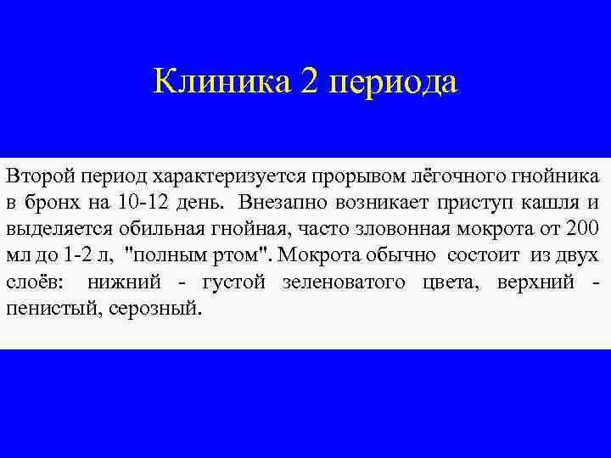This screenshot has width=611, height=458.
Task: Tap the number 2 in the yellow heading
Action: (307, 82)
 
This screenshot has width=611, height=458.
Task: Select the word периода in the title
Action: (391, 84)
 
